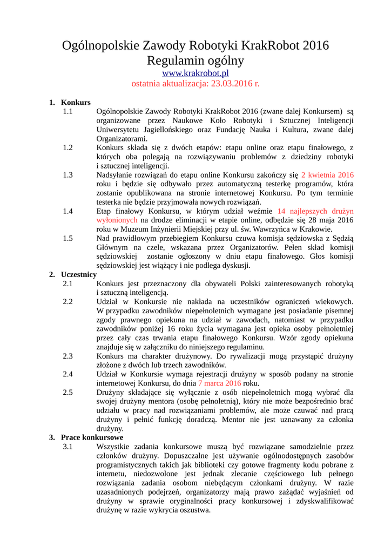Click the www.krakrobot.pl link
pyautogui.click(x=195, y=73)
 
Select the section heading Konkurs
pyautogui.click(x=76, y=102)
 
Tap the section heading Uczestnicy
pyautogui.click(x=79, y=274)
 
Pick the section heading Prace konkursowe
pyautogui.click(x=92, y=437)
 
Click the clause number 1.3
pyautogui.click(x=68, y=175)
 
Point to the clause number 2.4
pyautogui.click(x=68, y=373)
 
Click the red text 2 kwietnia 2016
pyautogui.click(x=327, y=175)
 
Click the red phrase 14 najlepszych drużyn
pyautogui.click(x=315, y=211)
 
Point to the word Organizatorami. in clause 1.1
pyautogui.click(x=122, y=139)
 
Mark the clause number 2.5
pyautogui.click(x=68, y=392)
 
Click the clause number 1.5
pyautogui.click(x=68, y=238)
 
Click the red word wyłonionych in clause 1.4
pyautogui.click(x=117, y=220)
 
